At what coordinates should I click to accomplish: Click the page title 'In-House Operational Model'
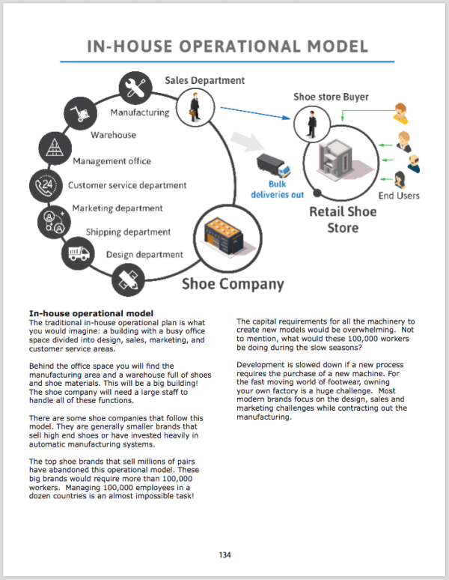227,46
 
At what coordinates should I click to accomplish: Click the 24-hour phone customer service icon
43,184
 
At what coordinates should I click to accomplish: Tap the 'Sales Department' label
204,80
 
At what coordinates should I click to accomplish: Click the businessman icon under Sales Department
194,106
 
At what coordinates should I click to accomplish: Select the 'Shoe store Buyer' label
331,97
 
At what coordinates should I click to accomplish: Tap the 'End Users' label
399,196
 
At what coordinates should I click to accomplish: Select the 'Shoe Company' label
233,284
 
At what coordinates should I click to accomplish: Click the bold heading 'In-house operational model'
91,312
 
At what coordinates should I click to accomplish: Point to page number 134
224,555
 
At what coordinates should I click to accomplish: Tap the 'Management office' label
112,160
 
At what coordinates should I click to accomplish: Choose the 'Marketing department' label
117,208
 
